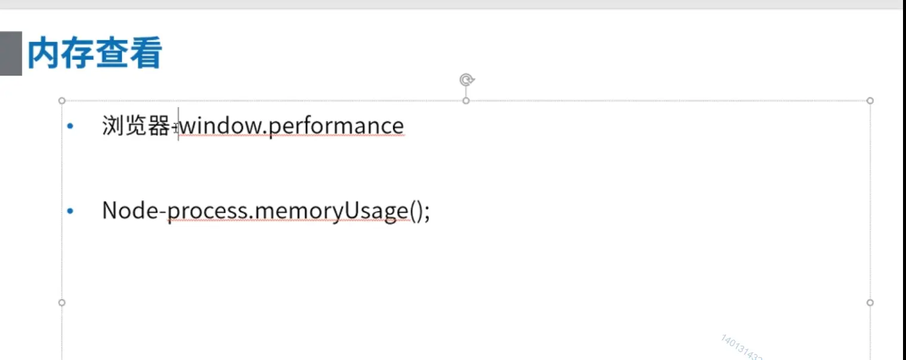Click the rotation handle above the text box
pyautogui.click(x=467, y=79)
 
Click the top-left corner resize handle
pyautogui.click(x=62, y=101)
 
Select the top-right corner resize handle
pyautogui.click(x=870, y=101)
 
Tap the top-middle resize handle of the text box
pyautogui.click(x=466, y=100)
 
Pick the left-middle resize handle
pyautogui.click(x=62, y=303)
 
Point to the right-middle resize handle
pyautogui.click(x=870, y=303)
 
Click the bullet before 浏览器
pyautogui.click(x=71, y=126)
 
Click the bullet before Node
pyautogui.click(x=71, y=211)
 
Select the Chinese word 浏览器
pyautogui.click(x=136, y=126)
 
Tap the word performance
pyautogui.click(x=337, y=127)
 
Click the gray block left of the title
pyautogui.click(x=11, y=54)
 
